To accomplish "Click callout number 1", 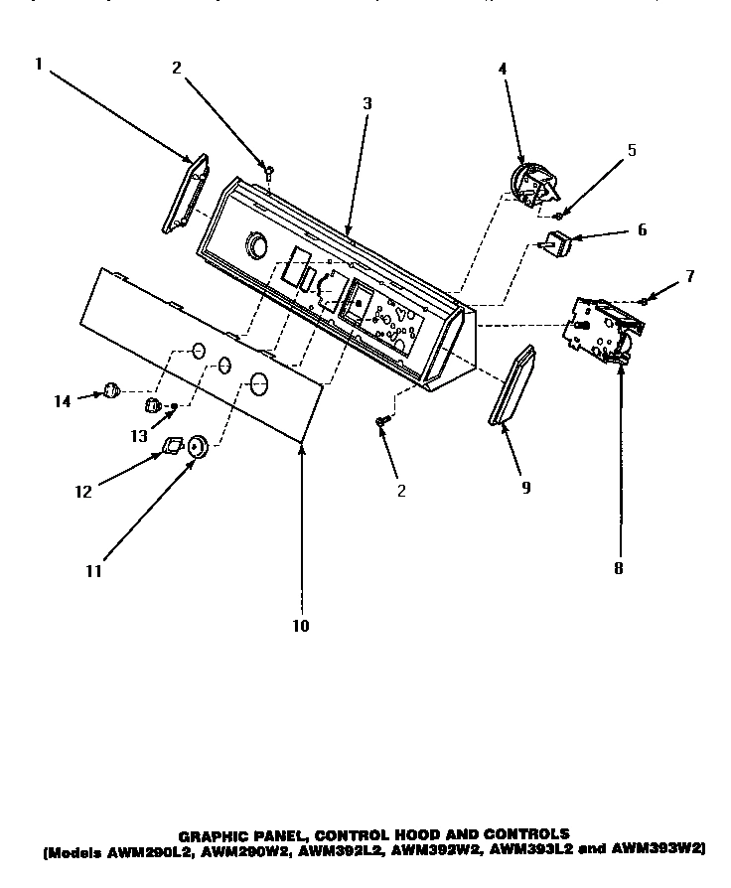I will pyautogui.click(x=38, y=65).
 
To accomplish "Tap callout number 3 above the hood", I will pyautogui.click(x=366, y=101).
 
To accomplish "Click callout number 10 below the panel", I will pyautogui.click(x=301, y=626).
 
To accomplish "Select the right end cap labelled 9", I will pyautogui.click(x=513, y=386).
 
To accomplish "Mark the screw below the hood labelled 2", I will pyautogui.click(x=380, y=423).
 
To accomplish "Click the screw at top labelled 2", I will pyautogui.click(x=268, y=173).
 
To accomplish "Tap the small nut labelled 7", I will pyautogui.click(x=645, y=300).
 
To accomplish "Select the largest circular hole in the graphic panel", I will pyautogui.click(x=258, y=381).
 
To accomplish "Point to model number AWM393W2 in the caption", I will pyautogui.click(x=660, y=849).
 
